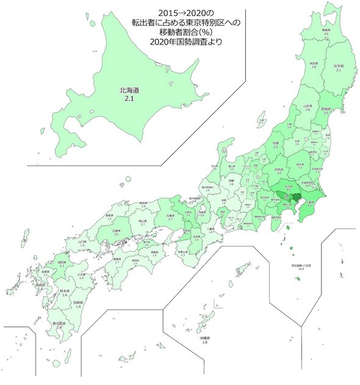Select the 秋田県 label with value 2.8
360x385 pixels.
point(314,64)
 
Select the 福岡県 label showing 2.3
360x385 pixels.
point(61,264)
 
